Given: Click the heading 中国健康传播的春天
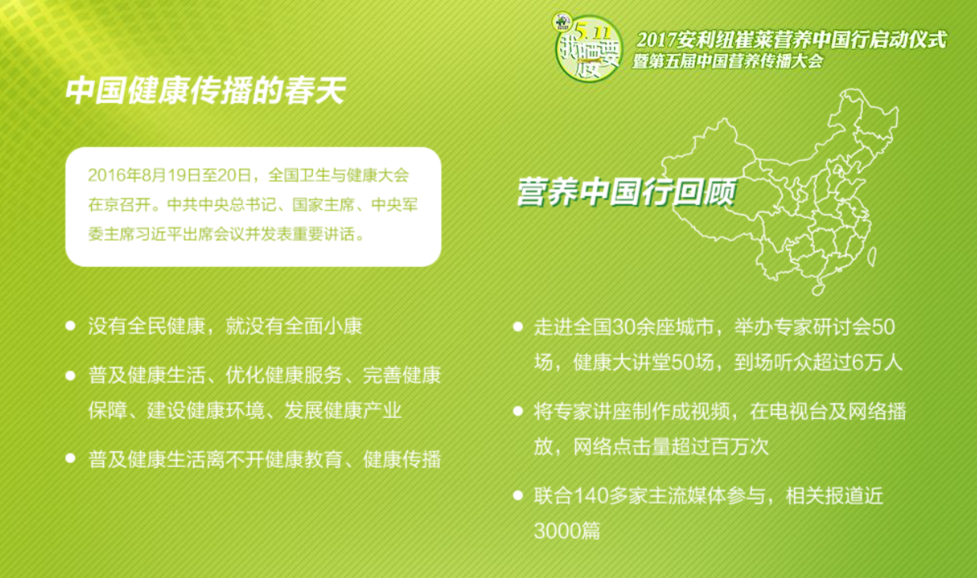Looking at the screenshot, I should [205, 90].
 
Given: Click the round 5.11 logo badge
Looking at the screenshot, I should [587, 48].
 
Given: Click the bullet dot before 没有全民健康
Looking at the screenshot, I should [71, 325].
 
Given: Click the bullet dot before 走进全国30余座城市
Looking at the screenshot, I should [517, 326].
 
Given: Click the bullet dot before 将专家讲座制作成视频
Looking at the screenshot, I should [517, 411].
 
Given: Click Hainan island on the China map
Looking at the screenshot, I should [818, 289].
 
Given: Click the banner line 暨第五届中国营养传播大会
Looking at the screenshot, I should [727, 62].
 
